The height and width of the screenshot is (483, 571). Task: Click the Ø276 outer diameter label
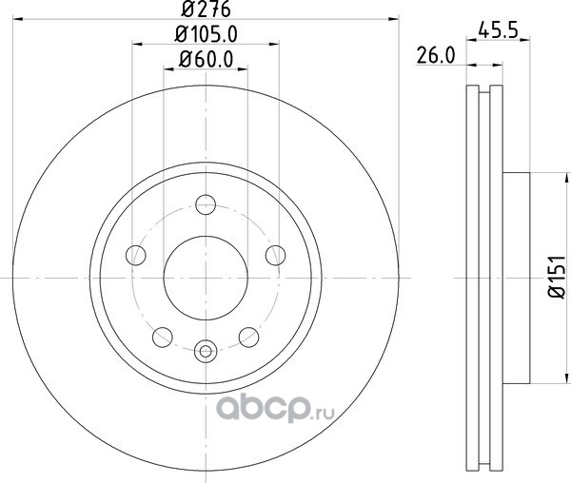(x=207, y=9)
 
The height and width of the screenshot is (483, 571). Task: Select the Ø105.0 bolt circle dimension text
(x=207, y=34)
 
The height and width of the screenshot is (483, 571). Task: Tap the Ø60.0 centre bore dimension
(x=207, y=59)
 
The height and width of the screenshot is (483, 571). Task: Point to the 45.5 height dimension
(x=498, y=29)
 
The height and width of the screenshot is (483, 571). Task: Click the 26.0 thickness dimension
(x=436, y=56)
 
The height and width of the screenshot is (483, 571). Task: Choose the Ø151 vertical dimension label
(x=557, y=277)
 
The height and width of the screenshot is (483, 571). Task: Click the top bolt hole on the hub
(x=206, y=204)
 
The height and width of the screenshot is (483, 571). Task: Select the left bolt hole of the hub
(x=136, y=256)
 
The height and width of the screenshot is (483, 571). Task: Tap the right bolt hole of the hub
(x=276, y=256)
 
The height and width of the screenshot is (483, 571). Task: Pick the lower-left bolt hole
(x=163, y=338)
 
